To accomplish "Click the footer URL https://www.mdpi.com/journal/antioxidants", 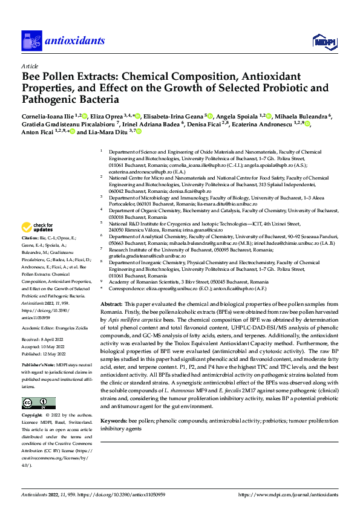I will (287, 494).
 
